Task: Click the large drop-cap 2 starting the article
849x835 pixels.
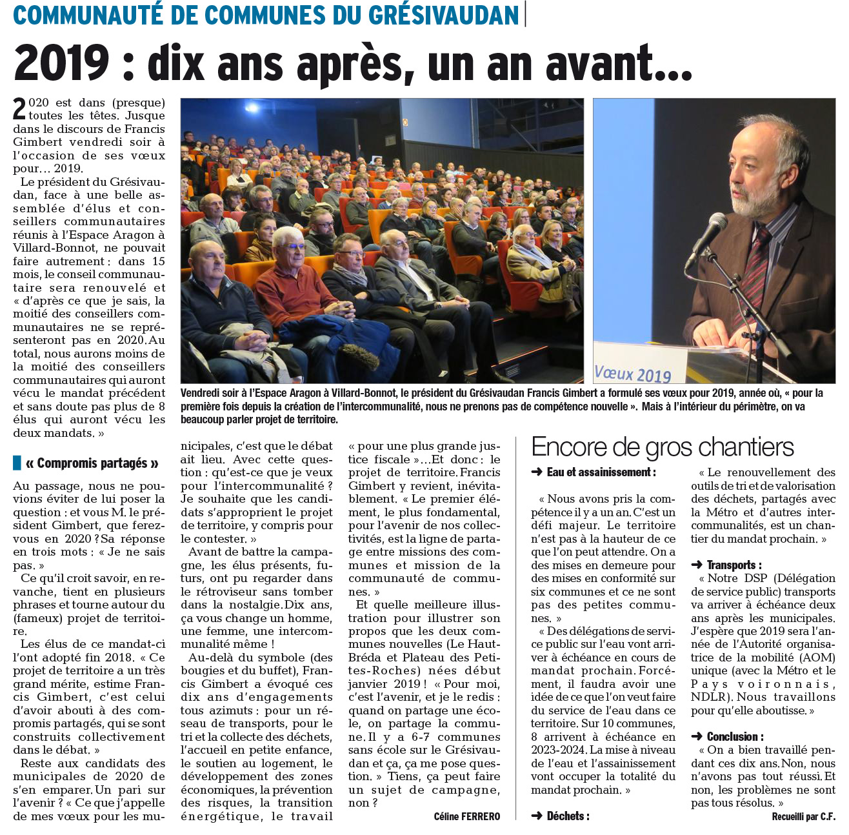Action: (x=20, y=109)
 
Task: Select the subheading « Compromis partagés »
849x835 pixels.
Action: (x=92, y=463)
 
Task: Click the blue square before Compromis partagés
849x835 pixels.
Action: (x=17, y=463)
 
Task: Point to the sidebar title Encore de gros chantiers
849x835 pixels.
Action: (x=663, y=447)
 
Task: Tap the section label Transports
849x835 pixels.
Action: (x=734, y=565)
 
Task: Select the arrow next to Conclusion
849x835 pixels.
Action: (x=696, y=737)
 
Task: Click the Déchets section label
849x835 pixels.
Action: (x=568, y=816)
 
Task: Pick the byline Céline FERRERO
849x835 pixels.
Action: (x=466, y=817)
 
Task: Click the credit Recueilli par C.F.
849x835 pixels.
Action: (x=803, y=817)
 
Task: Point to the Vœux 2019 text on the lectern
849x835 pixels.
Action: (x=632, y=374)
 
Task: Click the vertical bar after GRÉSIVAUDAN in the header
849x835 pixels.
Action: (x=525, y=14)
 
